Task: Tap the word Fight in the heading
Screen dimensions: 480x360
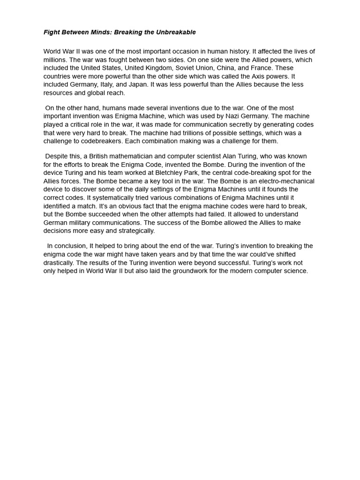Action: [x=52, y=32]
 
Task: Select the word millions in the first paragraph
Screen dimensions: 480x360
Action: [x=55, y=60]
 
